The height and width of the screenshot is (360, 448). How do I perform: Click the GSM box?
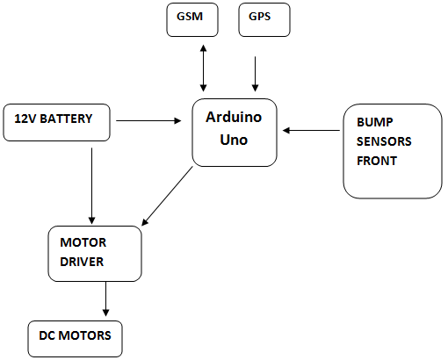click(192, 19)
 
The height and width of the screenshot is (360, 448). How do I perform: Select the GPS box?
click(264, 19)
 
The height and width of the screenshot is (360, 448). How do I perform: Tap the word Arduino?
click(234, 117)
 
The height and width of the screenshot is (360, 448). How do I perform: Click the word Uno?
click(234, 140)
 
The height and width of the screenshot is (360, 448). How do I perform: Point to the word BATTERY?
click(66, 119)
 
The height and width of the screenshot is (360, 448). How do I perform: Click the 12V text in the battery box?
click(25, 119)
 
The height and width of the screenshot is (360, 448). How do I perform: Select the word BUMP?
click(375, 122)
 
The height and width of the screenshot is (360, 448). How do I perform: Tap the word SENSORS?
click(384, 141)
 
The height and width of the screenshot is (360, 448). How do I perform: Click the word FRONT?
click(377, 161)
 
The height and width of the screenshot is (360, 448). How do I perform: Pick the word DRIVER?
click(82, 262)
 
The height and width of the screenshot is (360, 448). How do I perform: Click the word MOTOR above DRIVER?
click(83, 242)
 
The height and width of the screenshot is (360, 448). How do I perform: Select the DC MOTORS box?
click(75, 339)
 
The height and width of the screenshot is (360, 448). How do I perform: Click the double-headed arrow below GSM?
click(204, 68)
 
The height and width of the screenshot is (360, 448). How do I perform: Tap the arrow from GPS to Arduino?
click(255, 74)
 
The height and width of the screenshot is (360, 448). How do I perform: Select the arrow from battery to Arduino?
click(148, 120)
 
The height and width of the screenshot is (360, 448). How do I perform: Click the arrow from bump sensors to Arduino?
click(311, 130)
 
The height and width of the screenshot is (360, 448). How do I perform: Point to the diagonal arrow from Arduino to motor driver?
click(167, 196)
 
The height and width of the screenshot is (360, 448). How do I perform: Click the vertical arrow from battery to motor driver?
click(92, 186)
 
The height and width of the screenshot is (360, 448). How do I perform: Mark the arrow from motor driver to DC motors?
click(105, 299)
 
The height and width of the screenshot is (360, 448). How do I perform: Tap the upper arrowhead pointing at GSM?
click(204, 47)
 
